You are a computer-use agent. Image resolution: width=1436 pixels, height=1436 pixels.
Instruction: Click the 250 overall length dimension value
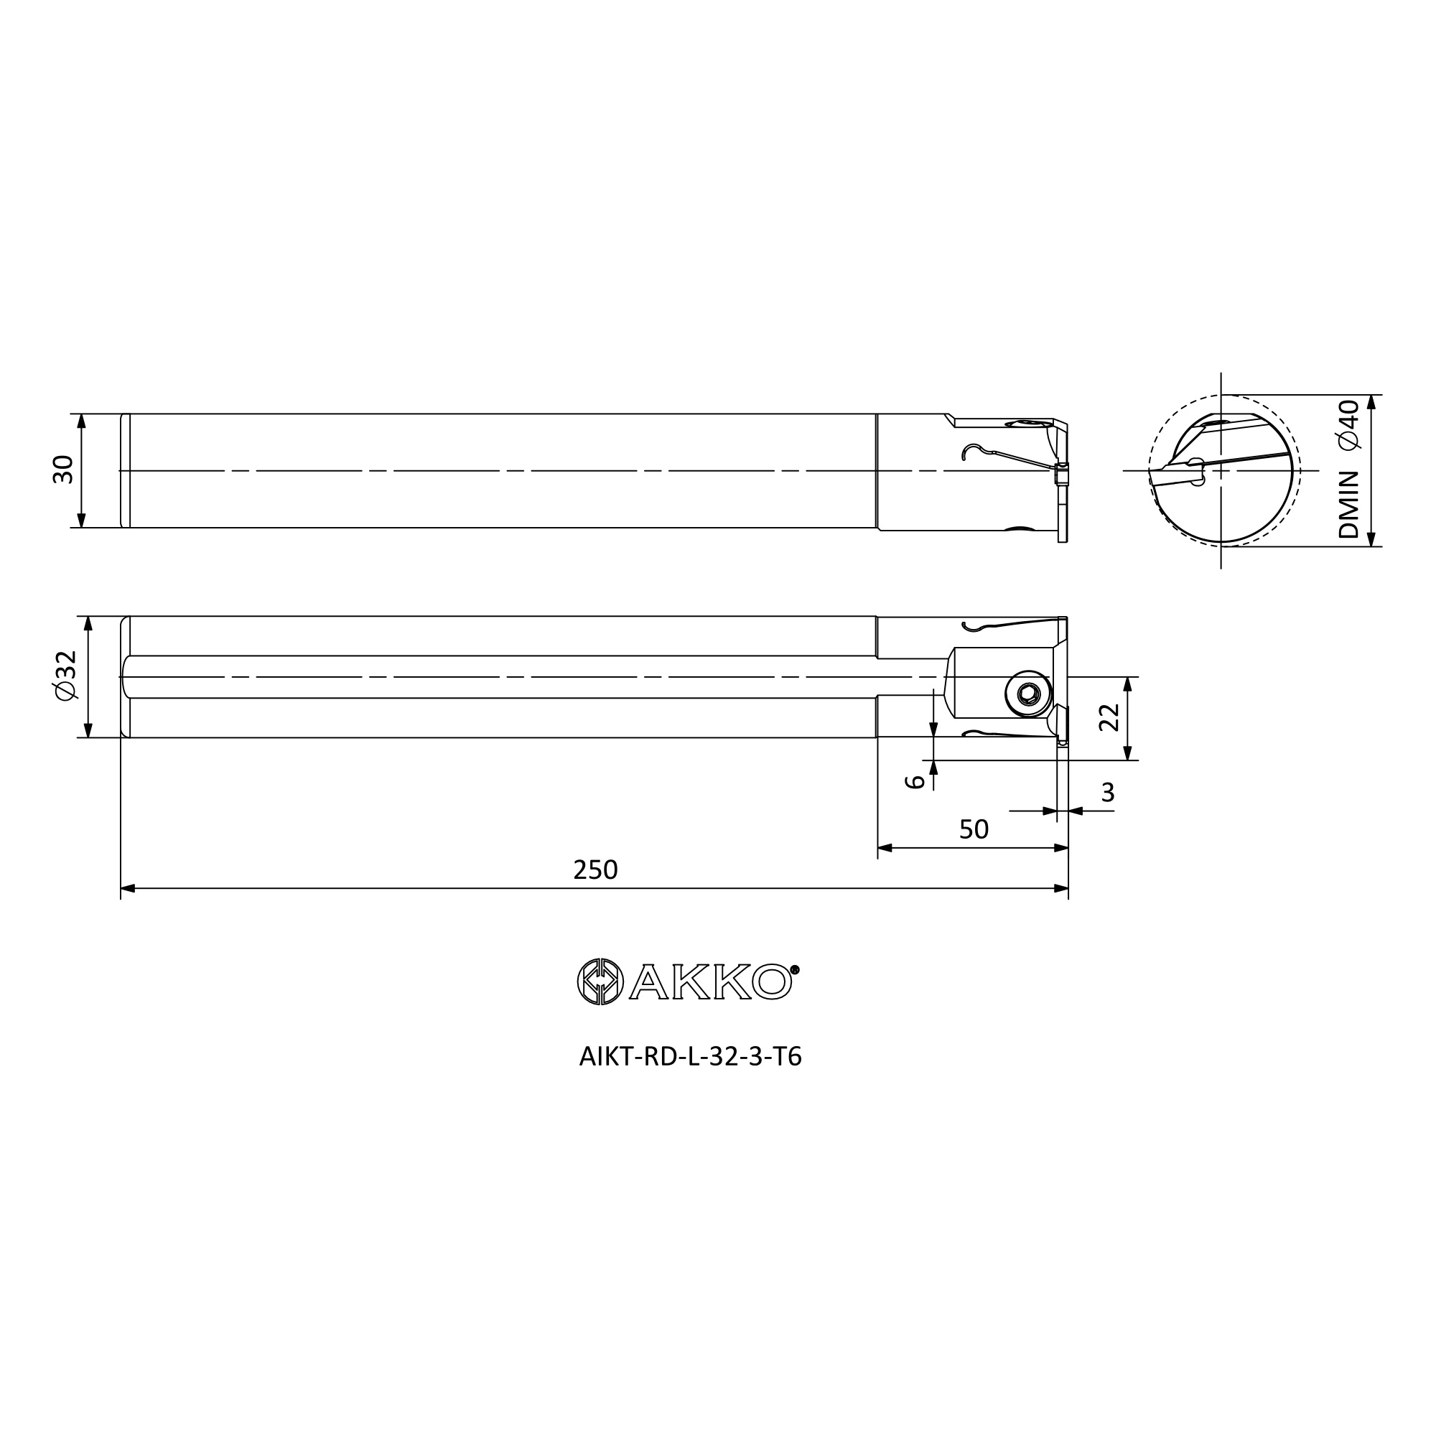[x=595, y=869]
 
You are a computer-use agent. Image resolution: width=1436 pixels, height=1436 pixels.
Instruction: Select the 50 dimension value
[x=974, y=829]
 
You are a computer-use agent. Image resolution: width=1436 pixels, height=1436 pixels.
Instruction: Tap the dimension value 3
[x=1107, y=793]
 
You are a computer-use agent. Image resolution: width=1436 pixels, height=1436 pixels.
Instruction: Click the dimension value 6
[x=915, y=781]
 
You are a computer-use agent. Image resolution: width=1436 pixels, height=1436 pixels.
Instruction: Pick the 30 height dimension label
[x=63, y=470]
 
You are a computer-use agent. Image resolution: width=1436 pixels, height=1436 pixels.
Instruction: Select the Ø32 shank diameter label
[x=65, y=676]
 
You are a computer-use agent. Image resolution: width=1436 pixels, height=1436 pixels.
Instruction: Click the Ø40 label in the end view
[x=1348, y=424]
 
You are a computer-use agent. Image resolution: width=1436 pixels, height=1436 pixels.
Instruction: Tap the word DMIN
[x=1348, y=505]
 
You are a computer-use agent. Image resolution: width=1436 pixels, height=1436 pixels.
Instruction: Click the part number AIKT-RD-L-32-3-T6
[x=691, y=1057]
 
